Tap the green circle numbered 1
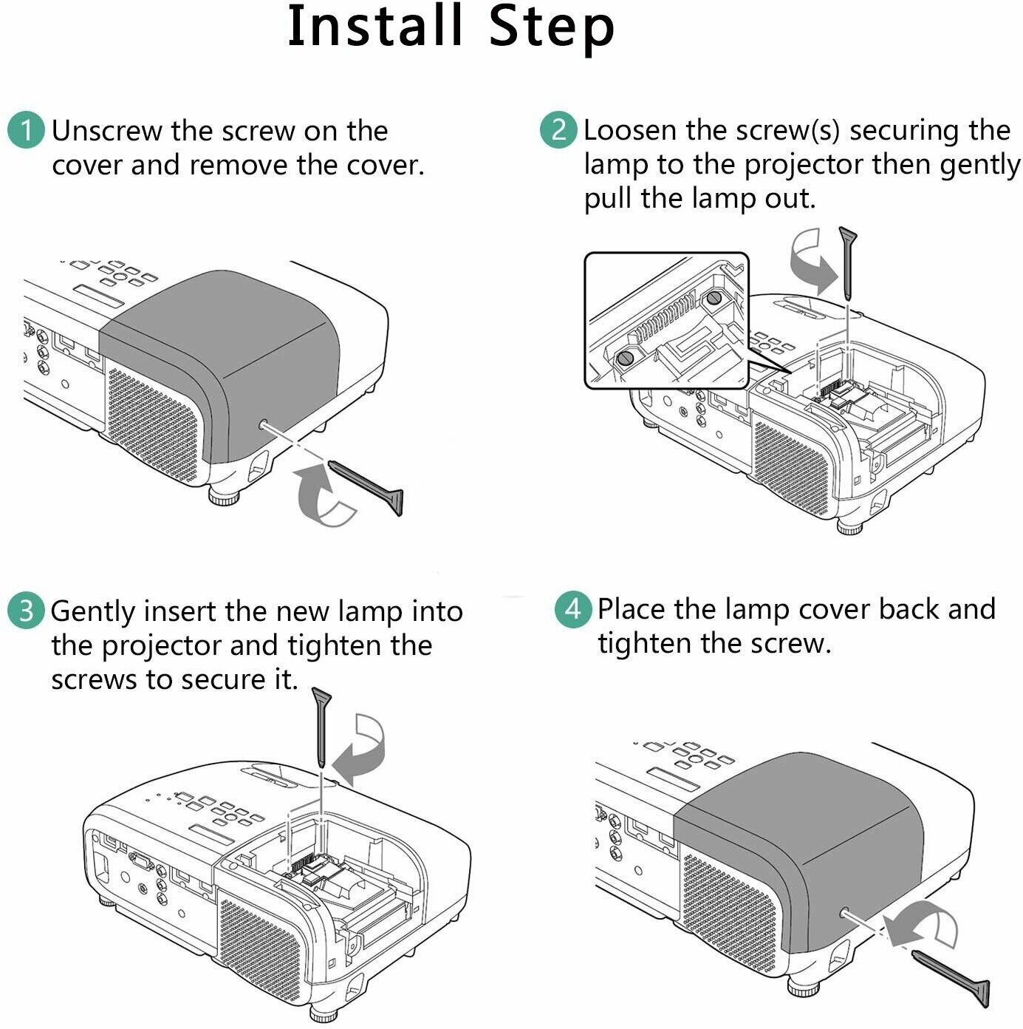26,131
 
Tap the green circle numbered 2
558,129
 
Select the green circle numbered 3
26,612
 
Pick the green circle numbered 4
573,610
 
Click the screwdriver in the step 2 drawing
848,261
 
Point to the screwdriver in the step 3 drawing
322,726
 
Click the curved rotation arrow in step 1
323,497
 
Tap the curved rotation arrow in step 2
811,261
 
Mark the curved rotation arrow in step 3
360,750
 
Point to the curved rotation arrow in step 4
923,927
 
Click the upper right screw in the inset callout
714,298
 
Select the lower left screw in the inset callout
625,359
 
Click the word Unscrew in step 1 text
107,132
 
